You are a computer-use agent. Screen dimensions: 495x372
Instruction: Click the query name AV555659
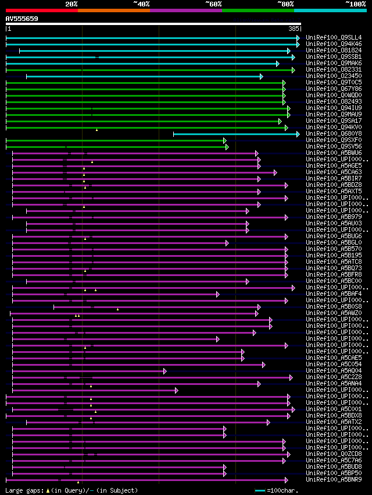[22, 19]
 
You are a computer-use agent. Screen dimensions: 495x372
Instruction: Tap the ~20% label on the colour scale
[71, 3]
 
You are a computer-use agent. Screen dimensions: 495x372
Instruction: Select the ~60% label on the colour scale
[213, 3]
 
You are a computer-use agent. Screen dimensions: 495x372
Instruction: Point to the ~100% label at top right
[356, 3]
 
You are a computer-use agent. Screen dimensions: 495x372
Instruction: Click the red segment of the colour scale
[41, 10]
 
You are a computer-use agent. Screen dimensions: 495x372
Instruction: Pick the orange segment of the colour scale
[113, 10]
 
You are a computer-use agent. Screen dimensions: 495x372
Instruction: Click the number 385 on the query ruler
[294, 28]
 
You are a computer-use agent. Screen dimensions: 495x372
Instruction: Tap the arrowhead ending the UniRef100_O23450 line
[262, 76]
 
